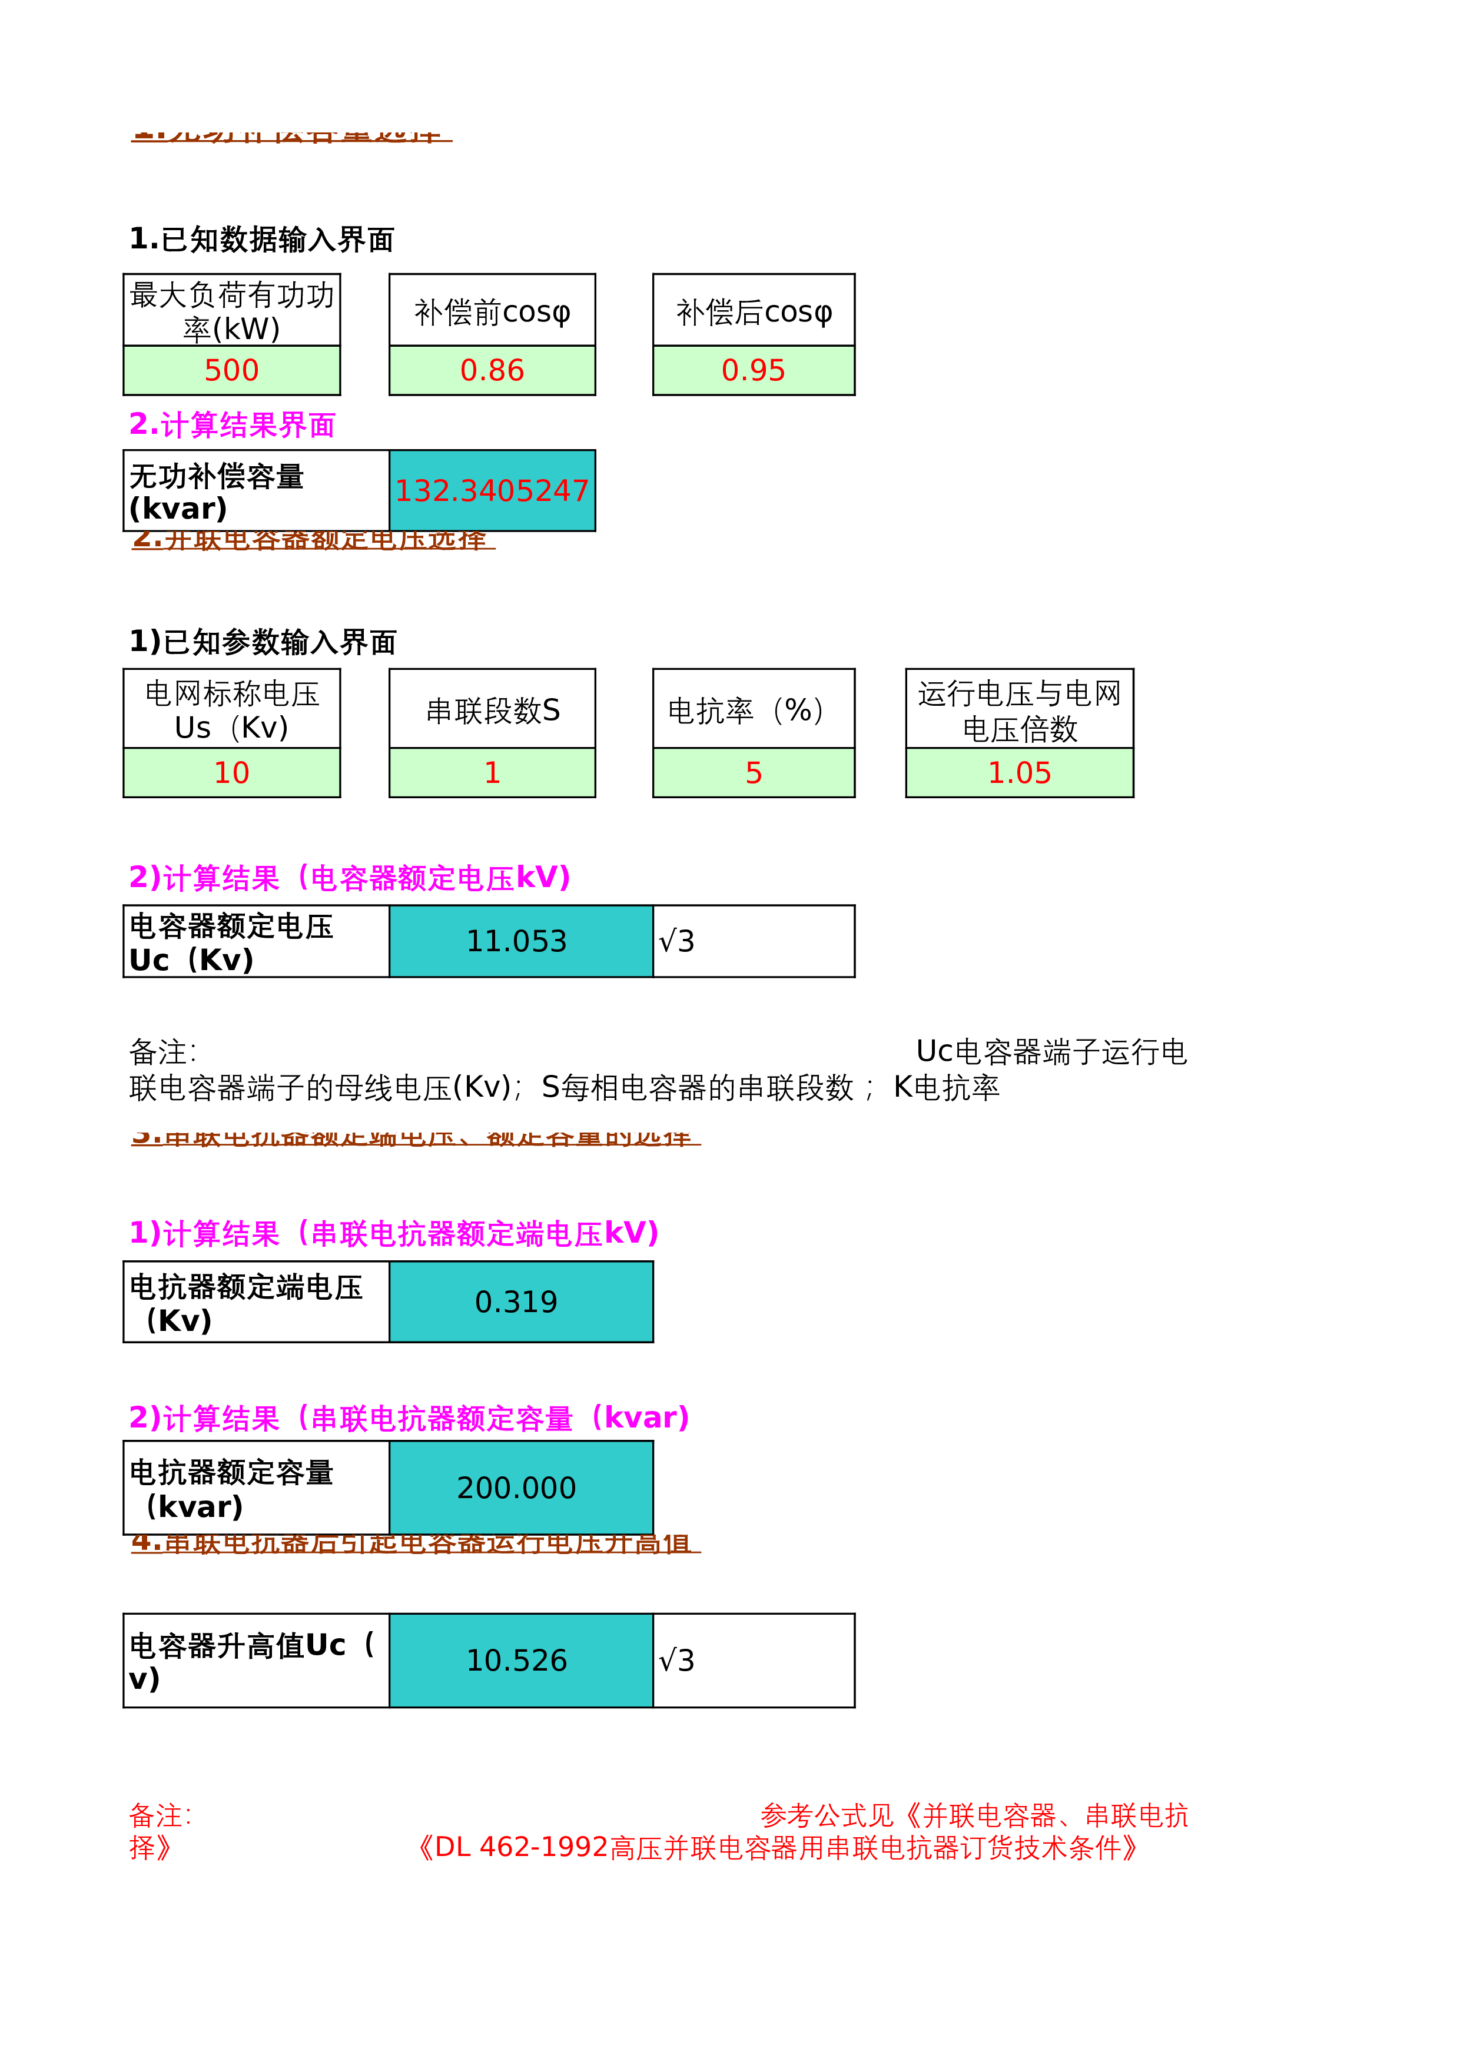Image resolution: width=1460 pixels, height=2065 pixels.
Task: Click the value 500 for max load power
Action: tap(231, 370)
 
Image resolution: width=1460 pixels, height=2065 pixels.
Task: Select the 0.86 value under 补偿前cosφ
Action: tap(492, 370)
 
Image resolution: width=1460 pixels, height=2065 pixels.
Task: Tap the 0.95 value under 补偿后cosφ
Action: tap(753, 370)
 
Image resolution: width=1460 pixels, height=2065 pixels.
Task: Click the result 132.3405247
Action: tap(492, 491)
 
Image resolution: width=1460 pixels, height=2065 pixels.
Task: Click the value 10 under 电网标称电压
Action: tap(231, 772)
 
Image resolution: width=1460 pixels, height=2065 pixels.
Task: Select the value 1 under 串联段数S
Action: tap(492, 772)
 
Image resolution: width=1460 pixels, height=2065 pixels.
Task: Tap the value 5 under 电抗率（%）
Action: tap(753, 772)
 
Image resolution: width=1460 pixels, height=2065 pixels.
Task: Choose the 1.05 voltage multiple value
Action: tap(1019, 772)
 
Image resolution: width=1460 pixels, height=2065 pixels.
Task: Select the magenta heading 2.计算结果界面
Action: tap(232, 424)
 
